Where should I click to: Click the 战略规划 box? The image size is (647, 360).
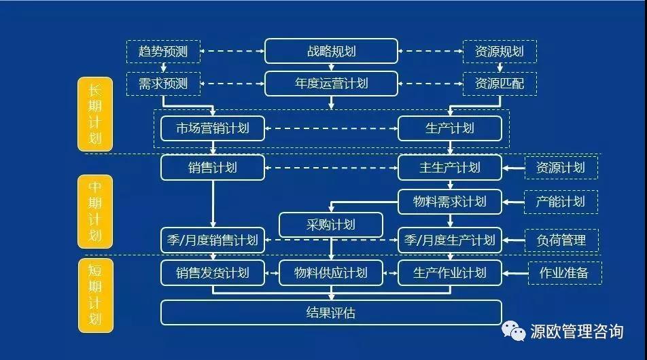(331, 51)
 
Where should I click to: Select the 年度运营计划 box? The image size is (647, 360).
(331, 84)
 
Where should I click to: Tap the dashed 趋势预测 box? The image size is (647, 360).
(163, 52)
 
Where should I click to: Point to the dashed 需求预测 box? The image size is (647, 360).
(163, 84)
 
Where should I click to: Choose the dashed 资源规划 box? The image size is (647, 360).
(500, 52)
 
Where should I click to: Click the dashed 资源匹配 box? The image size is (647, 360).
(500, 84)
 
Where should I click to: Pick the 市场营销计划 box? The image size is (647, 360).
(213, 128)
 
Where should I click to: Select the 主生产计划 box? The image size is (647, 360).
(450, 168)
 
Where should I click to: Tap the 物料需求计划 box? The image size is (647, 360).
(450, 202)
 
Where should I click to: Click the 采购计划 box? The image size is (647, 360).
(331, 225)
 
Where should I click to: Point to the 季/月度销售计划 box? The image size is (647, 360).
(213, 240)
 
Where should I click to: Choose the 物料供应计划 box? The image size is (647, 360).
(331, 272)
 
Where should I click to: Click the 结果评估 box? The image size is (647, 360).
(331, 312)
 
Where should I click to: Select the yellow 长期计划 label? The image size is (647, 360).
(95, 114)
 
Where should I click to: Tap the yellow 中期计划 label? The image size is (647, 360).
(95, 211)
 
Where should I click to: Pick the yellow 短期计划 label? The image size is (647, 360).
(95, 295)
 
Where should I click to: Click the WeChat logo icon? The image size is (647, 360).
(513, 331)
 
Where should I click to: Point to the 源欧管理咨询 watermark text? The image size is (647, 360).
(576, 331)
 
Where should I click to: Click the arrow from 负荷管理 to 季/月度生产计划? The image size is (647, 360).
(513, 240)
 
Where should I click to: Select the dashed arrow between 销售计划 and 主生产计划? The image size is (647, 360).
(331, 168)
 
